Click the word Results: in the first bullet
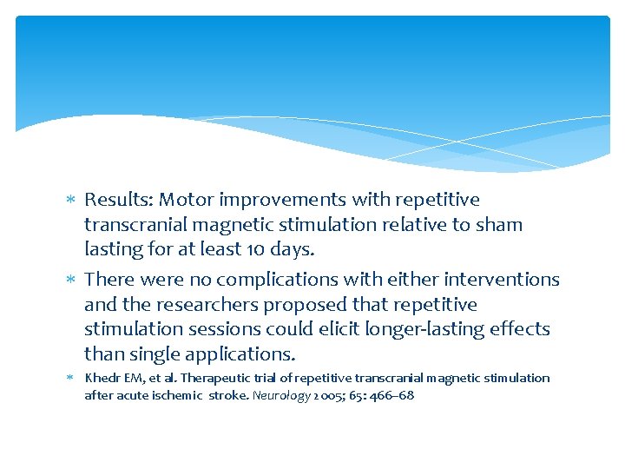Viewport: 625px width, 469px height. coord(119,200)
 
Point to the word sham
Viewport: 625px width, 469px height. coord(501,225)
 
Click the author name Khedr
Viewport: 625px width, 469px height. coord(101,378)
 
